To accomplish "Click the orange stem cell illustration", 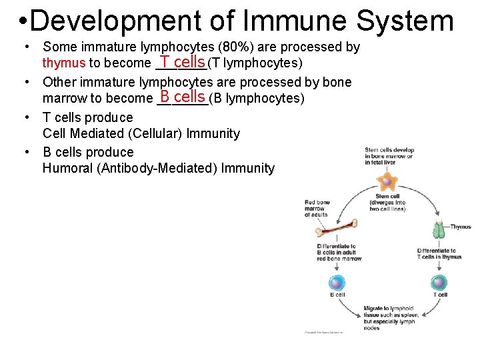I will [x=386, y=181].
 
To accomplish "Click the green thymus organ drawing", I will [x=439, y=229].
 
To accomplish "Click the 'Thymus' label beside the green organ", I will [x=461, y=227].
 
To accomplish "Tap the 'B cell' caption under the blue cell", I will [x=337, y=295].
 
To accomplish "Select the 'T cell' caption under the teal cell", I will [x=440, y=295].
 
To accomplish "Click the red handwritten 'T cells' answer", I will [x=181, y=62].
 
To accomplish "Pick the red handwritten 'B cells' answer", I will [x=182, y=97].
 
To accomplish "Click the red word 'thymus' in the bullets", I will [x=64, y=63].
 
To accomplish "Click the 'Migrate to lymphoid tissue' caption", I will [x=389, y=318].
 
